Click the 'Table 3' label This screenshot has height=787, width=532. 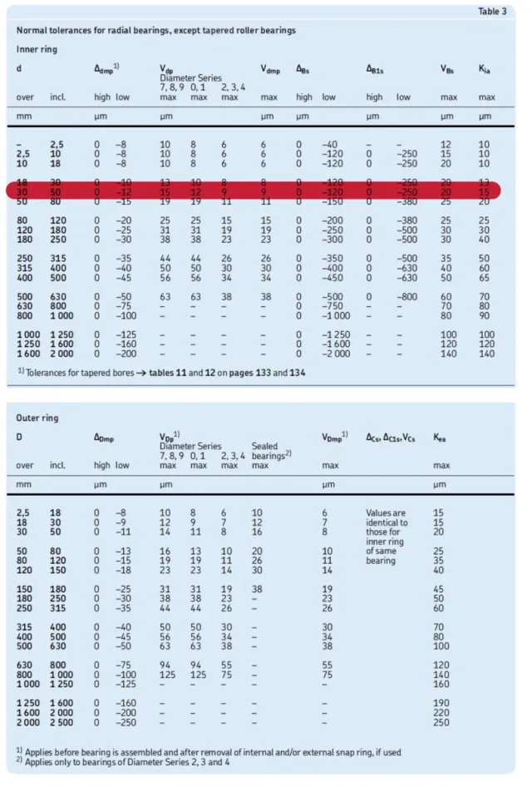(x=493, y=11)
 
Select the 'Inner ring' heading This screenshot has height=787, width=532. (x=34, y=49)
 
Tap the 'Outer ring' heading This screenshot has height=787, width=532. (x=36, y=418)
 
